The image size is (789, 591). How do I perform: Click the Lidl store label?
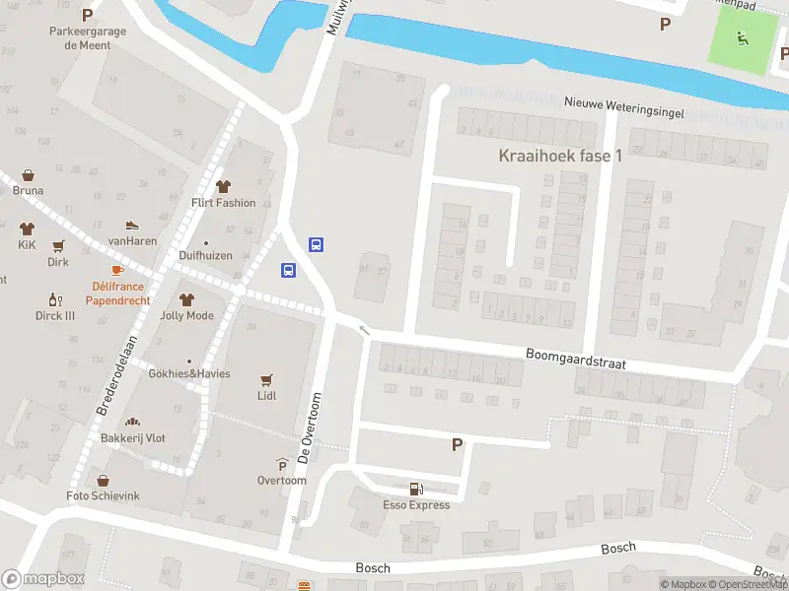point(266,396)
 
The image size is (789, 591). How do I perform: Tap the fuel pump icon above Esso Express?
point(416,489)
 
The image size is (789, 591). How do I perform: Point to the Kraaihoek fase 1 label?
point(560,157)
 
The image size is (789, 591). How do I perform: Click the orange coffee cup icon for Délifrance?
point(117,270)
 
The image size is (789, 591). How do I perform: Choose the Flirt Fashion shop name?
point(223,203)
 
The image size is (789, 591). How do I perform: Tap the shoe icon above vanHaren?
point(133,226)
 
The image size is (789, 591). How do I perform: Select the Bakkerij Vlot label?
point(132,437)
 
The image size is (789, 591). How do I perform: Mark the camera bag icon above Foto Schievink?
point(103,481)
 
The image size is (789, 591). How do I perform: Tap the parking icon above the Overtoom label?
point(282,466)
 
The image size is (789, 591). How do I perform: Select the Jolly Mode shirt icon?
point(186,299)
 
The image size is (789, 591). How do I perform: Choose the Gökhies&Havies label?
point(189,373)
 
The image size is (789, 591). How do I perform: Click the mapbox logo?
point(42,579)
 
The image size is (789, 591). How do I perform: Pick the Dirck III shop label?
point(55,316)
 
